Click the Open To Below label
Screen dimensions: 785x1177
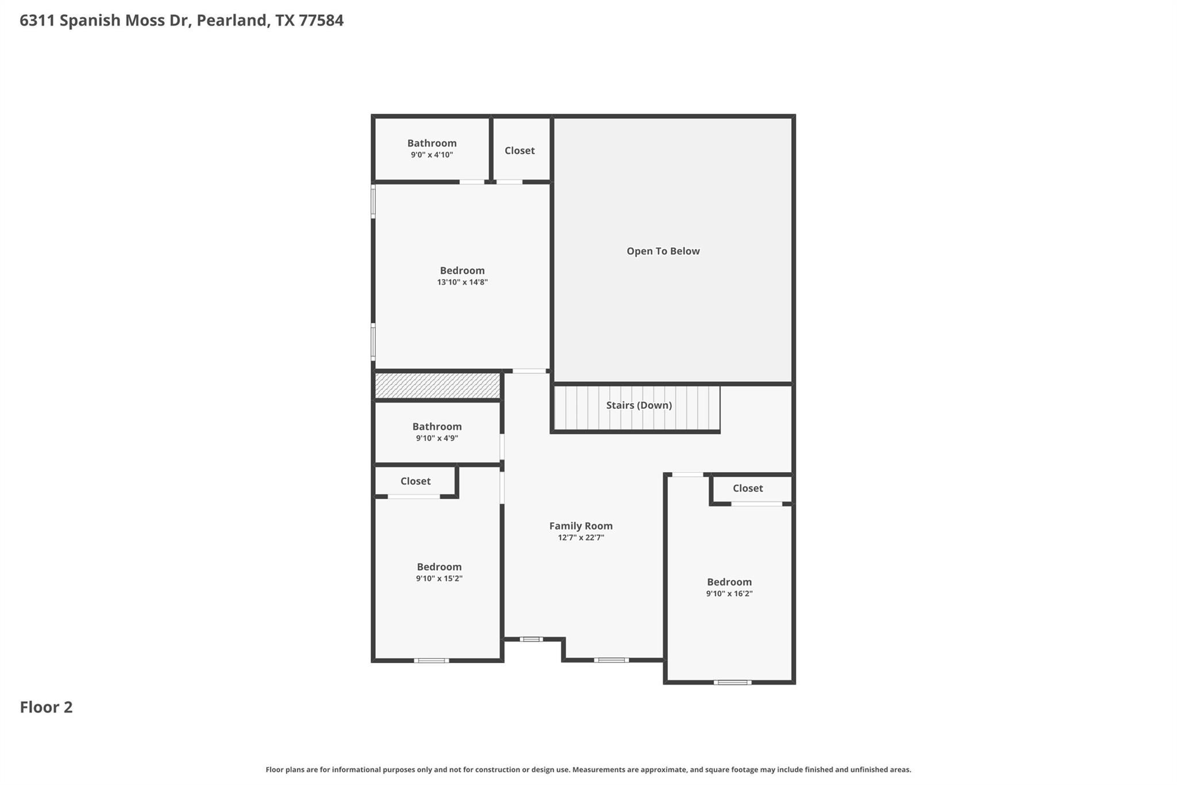[x=663, y=251]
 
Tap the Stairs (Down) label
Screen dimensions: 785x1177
[x=638, y=405]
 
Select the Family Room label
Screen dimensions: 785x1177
[x=580, y=526]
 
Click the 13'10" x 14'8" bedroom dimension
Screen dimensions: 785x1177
[x=462, y=282]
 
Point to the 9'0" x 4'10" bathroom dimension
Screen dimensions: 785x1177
[x=432, y=155]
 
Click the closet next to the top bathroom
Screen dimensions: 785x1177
[x=520, y=151]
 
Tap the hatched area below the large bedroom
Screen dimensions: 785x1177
[x=437, y=385]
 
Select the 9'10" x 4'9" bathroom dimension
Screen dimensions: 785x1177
[x=437, y=438]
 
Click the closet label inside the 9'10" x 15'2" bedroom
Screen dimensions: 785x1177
[x=415, y=481]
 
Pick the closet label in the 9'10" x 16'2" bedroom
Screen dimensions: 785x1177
[x=747, y=488]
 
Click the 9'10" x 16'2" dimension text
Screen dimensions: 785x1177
[x=729, y=594]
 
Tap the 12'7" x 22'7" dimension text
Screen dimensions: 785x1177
[x=580, y=538]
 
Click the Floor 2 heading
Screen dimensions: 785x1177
[x=46, y=707]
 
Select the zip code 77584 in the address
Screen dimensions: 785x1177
[x=321, y=21]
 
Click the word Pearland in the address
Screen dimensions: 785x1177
[x=231, y=21]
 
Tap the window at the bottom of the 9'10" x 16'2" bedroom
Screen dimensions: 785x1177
[x=732, y=683]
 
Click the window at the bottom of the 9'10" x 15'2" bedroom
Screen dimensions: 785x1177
[x=431, y=661]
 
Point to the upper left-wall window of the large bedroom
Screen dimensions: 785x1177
[x=373, y=201]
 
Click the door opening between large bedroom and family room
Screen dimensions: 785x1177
[x=529, y=371]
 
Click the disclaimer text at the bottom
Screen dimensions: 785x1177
[x=588, y=769]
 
